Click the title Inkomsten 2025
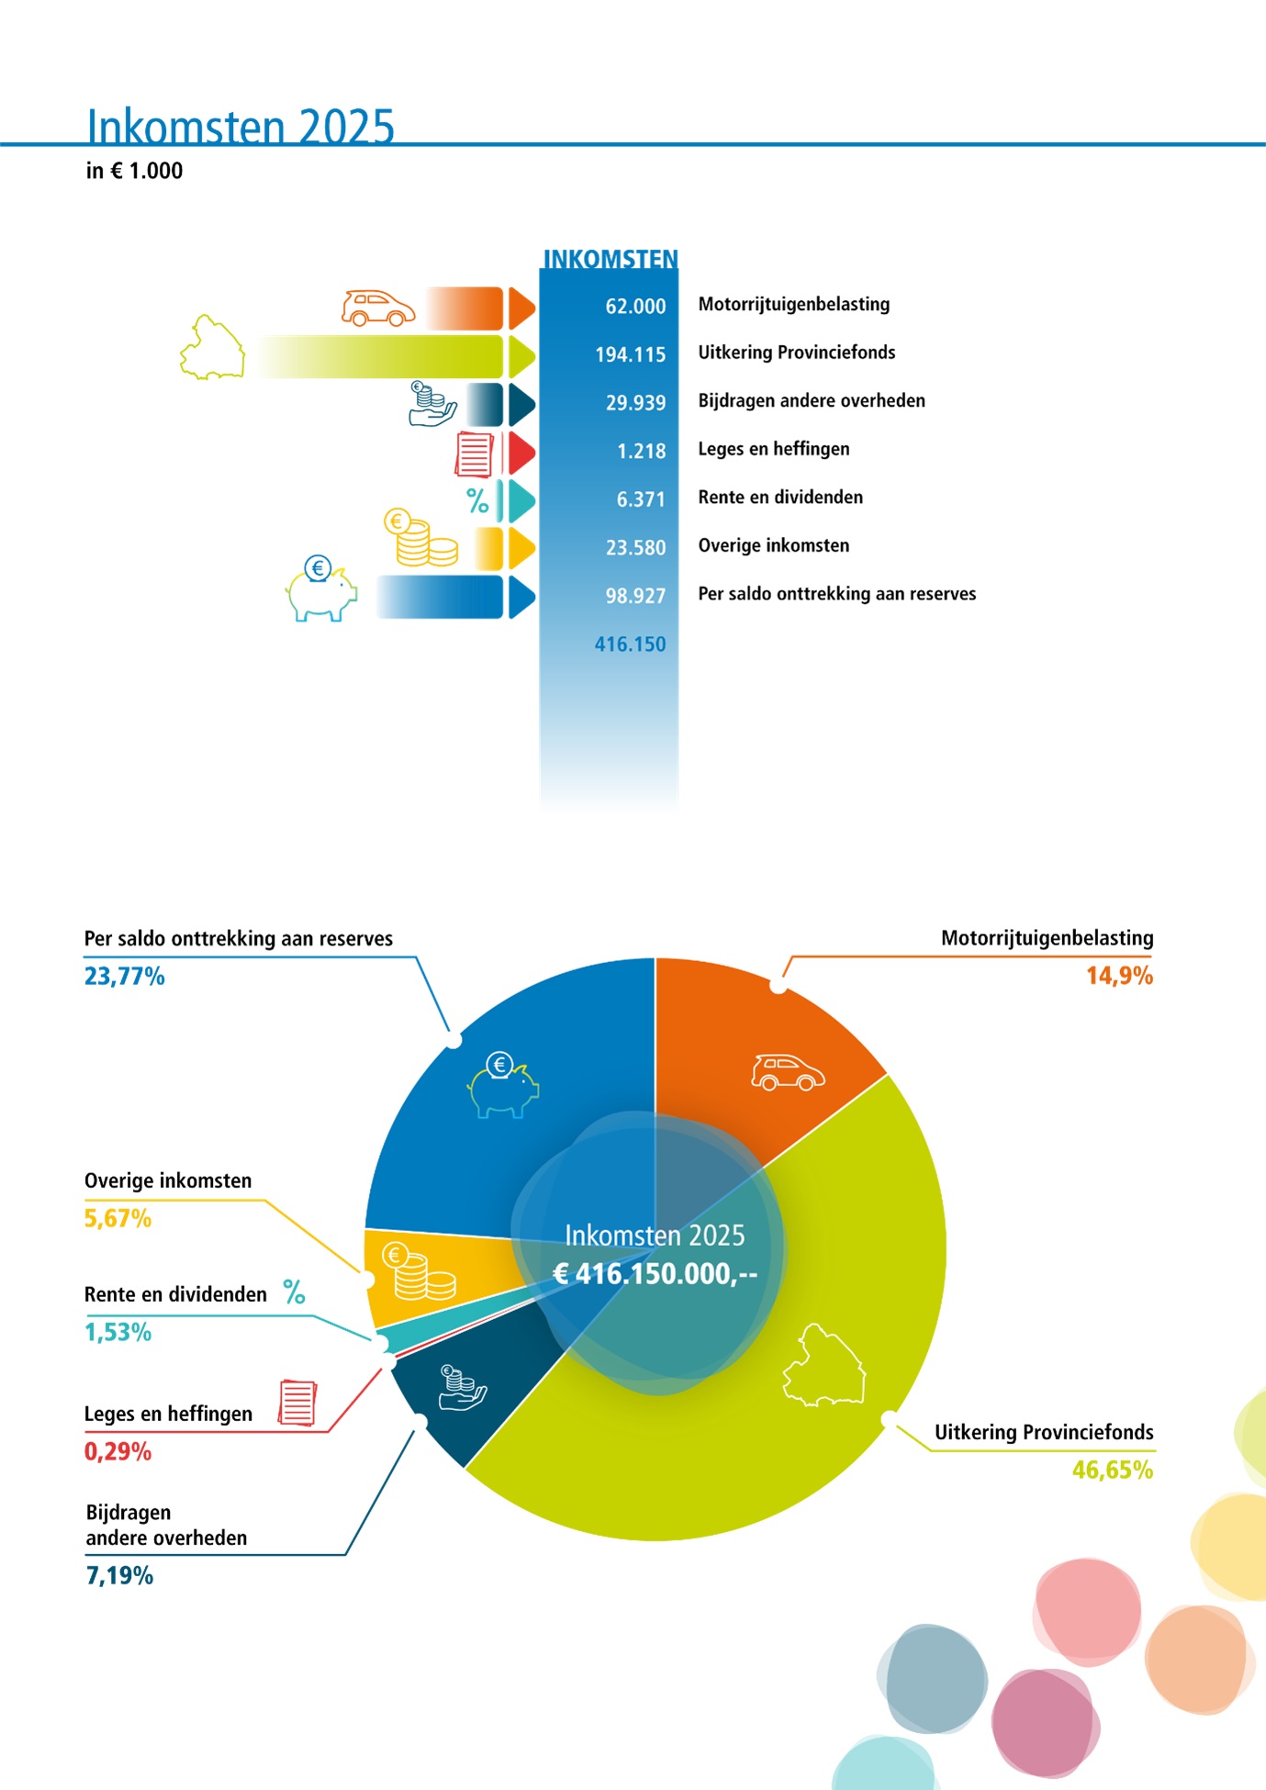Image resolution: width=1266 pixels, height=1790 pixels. pyautogui.click(x=240, y=126)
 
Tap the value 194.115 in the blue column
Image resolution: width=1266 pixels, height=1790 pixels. pyautogui.click(x=630, y=354)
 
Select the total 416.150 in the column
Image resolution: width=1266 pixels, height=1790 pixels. pyautogui.click(x=630, y=644)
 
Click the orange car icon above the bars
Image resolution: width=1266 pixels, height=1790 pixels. pyautogui.click(x=377, y=308)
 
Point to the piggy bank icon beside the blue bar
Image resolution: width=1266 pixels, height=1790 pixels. pyautogui.click(x=320, y=589)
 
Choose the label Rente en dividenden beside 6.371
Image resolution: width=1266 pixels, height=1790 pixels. pyautogui.click(x=780, y=498)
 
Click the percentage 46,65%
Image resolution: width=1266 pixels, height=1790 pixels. pyautogui.click(x=1112, y=1471)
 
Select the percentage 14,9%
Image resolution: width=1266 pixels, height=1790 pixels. pyautogui.click(x=1119, y=976)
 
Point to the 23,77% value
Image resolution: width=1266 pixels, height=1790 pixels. pyautogui.click(x=125, y=977)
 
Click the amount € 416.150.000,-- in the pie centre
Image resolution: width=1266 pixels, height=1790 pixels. pyautogui.click(x=655, y=1274)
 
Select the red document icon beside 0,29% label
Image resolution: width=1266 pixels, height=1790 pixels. pyautogui.click(x=297, y=1403)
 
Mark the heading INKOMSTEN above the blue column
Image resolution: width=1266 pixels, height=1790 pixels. pyautogui.click(x=611, y=260)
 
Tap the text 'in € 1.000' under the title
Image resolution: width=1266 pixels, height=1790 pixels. pyautogui.click(x=134, y=171)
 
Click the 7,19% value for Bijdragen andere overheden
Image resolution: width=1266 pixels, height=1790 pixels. pyautogui.click(x=119, y=1576)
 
